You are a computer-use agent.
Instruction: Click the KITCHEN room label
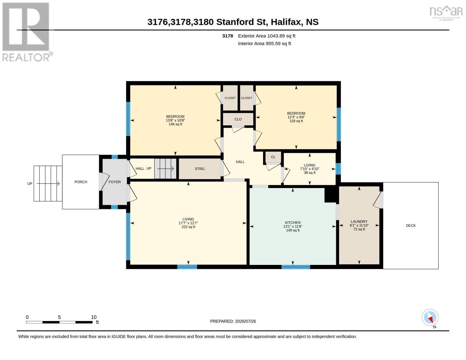point(293,223)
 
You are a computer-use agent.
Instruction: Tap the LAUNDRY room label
point(359,221)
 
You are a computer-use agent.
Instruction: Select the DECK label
point(411,226)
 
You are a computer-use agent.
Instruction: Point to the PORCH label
point(81,182)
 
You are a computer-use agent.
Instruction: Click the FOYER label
point(115,182)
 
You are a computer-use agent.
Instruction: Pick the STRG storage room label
point(200,169)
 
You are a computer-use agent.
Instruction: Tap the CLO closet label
point(238,119)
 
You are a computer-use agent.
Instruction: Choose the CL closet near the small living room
point(273,157)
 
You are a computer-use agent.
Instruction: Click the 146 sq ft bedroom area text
point(175,124)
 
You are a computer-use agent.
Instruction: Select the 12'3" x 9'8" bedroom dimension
point(296,117)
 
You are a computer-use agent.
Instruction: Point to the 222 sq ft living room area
point(188,227)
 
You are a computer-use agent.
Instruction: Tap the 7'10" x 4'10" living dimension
point(309,169)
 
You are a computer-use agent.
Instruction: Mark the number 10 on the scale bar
point(94,317)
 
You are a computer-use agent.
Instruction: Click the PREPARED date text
point(233,321)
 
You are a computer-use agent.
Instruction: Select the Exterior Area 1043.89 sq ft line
point(266,36)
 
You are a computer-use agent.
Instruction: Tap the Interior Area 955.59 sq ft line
point(264,43)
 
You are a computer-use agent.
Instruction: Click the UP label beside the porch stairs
point(30,184)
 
